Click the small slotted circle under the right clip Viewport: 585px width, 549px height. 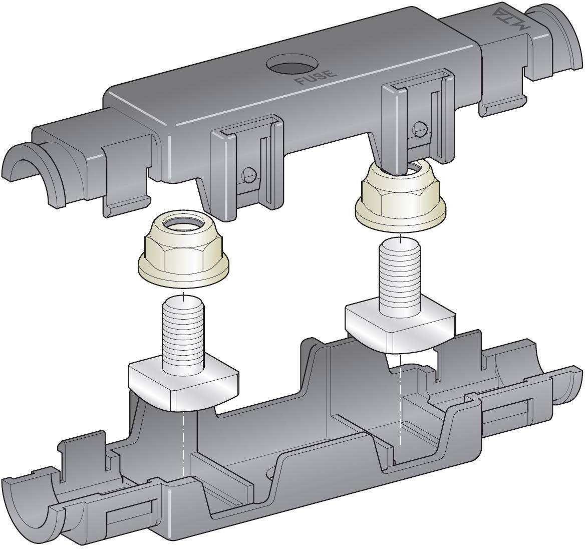point(420,129)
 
